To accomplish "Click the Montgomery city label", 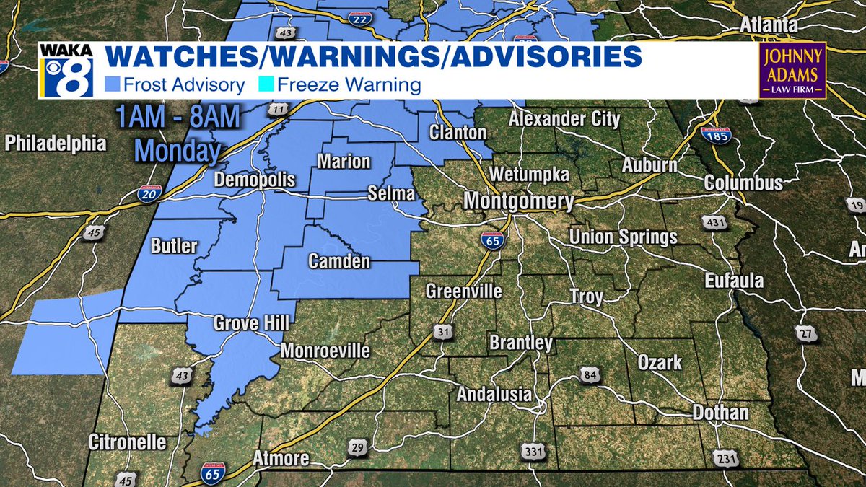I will click(x=519, y=201).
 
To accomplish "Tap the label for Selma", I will click(x=391, y=194).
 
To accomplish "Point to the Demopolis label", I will click(x=255, y=180).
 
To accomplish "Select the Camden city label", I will click(x=339, y=261).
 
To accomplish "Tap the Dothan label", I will click(x=720, y=413).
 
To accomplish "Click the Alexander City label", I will click(x=564, y=119).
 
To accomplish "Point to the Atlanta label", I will click(x=768, y=26).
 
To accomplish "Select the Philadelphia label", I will click(x=56, y=144).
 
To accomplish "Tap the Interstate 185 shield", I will click(x=714, y=133).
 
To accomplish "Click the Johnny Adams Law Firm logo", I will click(x=792, y=70).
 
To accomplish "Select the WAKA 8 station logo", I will click(x=66, y=70).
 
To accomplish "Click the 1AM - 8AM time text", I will click(x=168, y=118).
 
